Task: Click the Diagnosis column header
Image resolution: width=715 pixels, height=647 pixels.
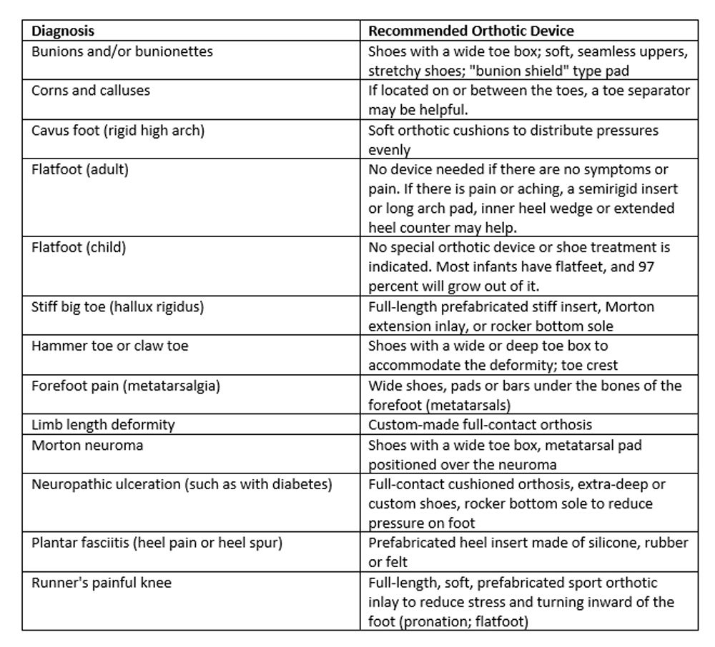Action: [63, 31]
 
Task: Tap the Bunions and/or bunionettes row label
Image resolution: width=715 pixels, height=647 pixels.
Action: [122, 51]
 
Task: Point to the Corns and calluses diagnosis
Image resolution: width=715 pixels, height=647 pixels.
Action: [91, 91]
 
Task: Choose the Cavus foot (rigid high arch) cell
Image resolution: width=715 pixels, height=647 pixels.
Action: [116, 130]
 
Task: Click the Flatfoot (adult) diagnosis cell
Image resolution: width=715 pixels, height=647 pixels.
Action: [79, 170]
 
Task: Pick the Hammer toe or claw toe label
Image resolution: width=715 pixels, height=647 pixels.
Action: [110, 346]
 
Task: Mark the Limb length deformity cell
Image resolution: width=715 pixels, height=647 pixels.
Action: [103, 425]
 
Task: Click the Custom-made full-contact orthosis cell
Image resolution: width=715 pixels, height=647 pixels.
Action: [480, 425]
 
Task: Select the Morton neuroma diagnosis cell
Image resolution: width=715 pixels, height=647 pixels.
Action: [87, 445]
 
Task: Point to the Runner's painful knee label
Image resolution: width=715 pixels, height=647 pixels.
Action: [102, 583]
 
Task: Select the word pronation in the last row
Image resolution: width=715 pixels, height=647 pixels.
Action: [437, 621]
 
